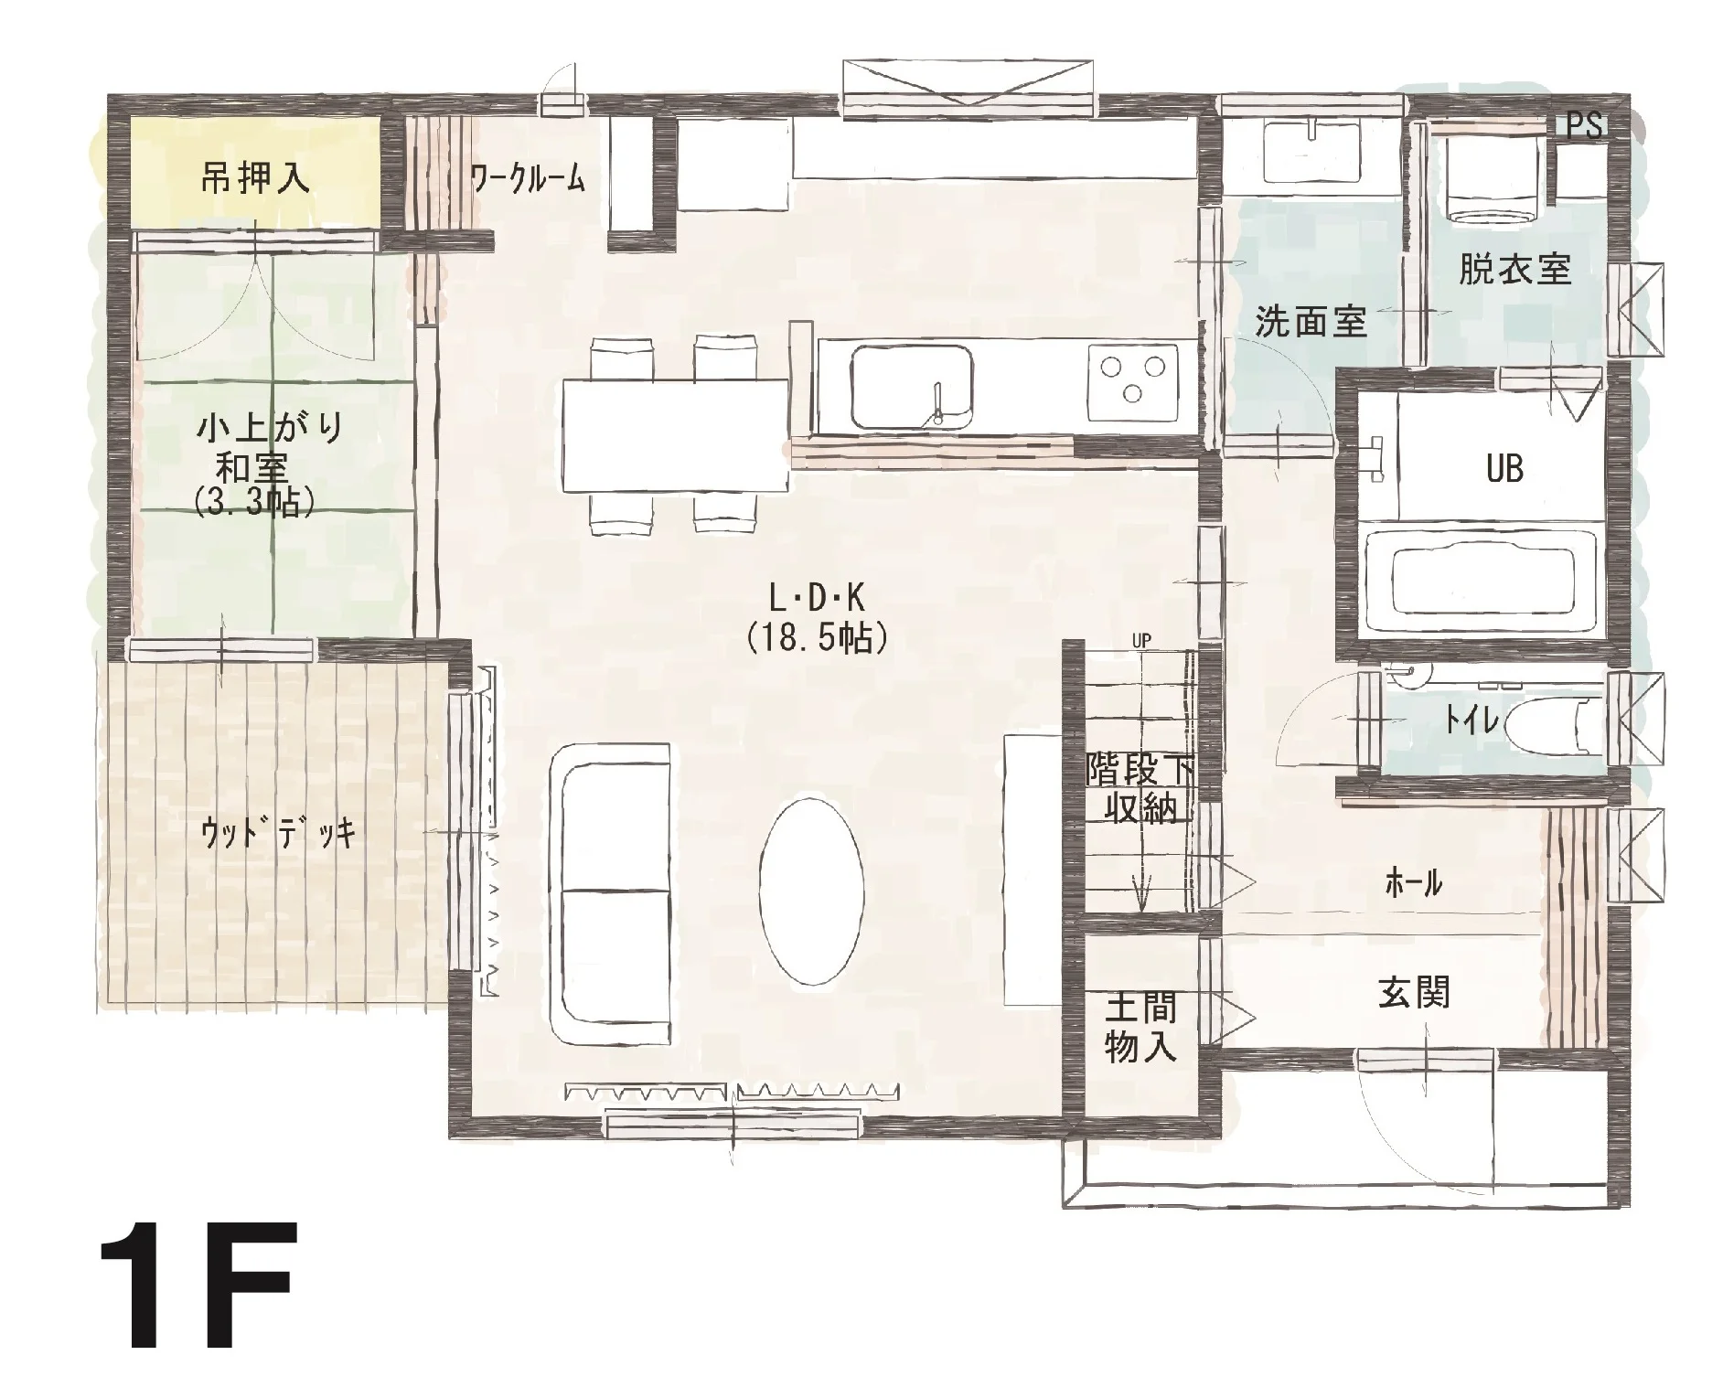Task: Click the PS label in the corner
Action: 1584,125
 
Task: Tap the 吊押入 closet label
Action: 255,177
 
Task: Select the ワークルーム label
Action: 527,178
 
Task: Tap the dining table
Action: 675,436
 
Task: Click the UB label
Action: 1504,469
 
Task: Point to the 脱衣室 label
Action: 1514,269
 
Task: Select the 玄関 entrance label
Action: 1414,992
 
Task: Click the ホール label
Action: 1414,883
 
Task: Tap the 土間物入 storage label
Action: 1140,1029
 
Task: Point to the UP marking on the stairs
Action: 1140,641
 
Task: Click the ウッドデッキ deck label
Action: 277,833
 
